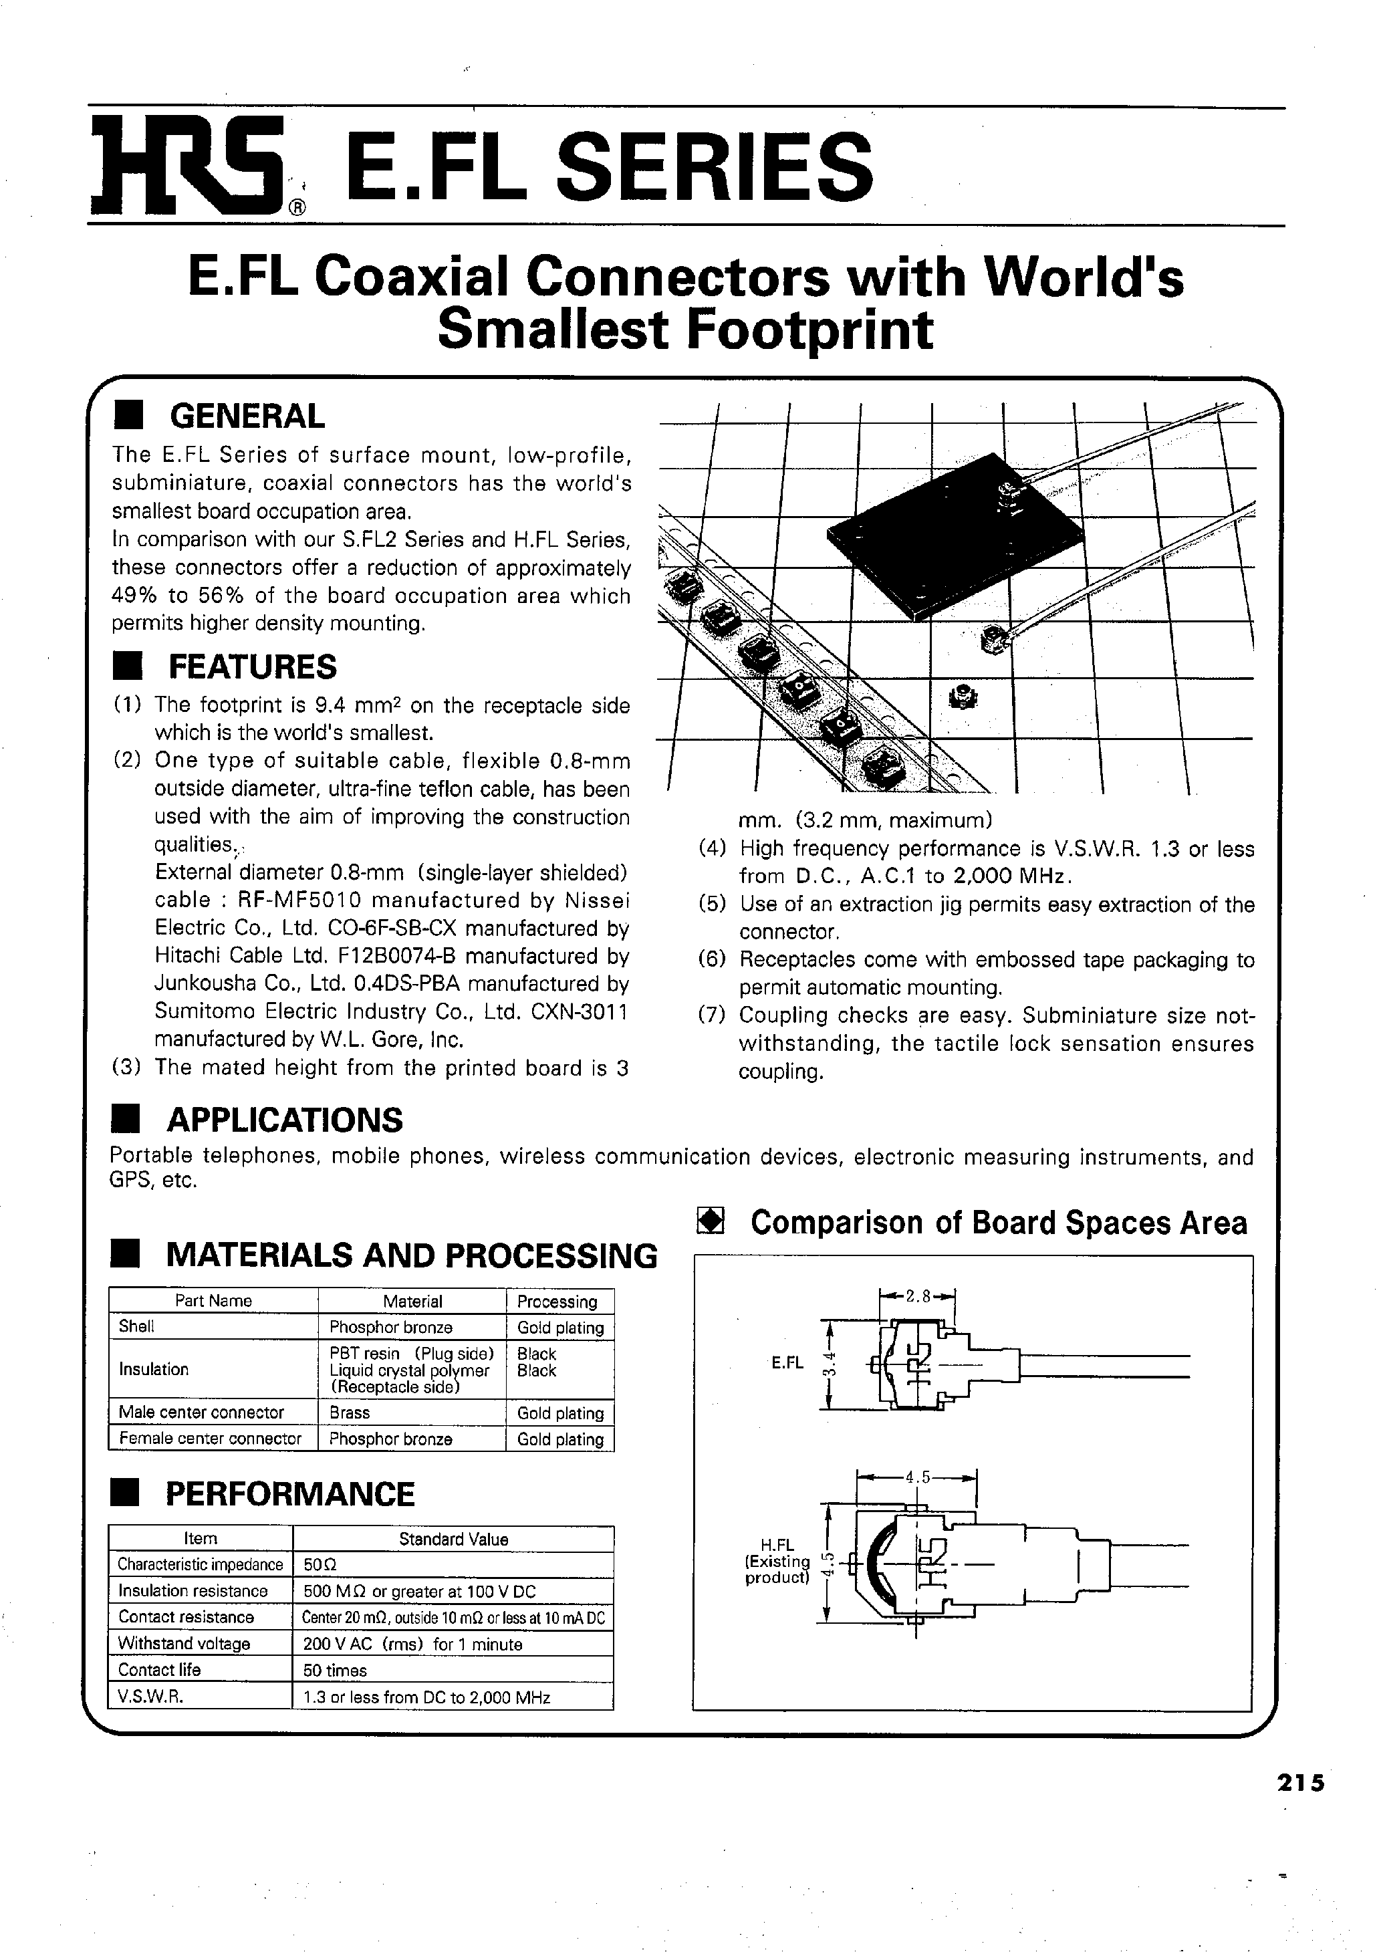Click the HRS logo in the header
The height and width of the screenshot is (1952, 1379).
(187, 165)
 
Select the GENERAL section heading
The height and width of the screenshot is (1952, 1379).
(247, 416)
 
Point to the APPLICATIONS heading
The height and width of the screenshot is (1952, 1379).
(285, 1120)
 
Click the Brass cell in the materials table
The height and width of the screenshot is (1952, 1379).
(350, 1412)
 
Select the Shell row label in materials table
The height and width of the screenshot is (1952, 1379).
(137, 1326)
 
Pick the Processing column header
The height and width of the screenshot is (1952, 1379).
(557, 1301)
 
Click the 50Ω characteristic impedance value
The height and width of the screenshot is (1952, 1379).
(317, 1564)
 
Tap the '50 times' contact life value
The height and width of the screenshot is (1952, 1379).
(335, 1670)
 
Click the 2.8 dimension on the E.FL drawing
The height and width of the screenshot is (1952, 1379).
(918, 1296)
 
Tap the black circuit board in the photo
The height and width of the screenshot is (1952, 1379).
(953, 544)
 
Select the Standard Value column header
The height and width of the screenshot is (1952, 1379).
(453, 1539)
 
